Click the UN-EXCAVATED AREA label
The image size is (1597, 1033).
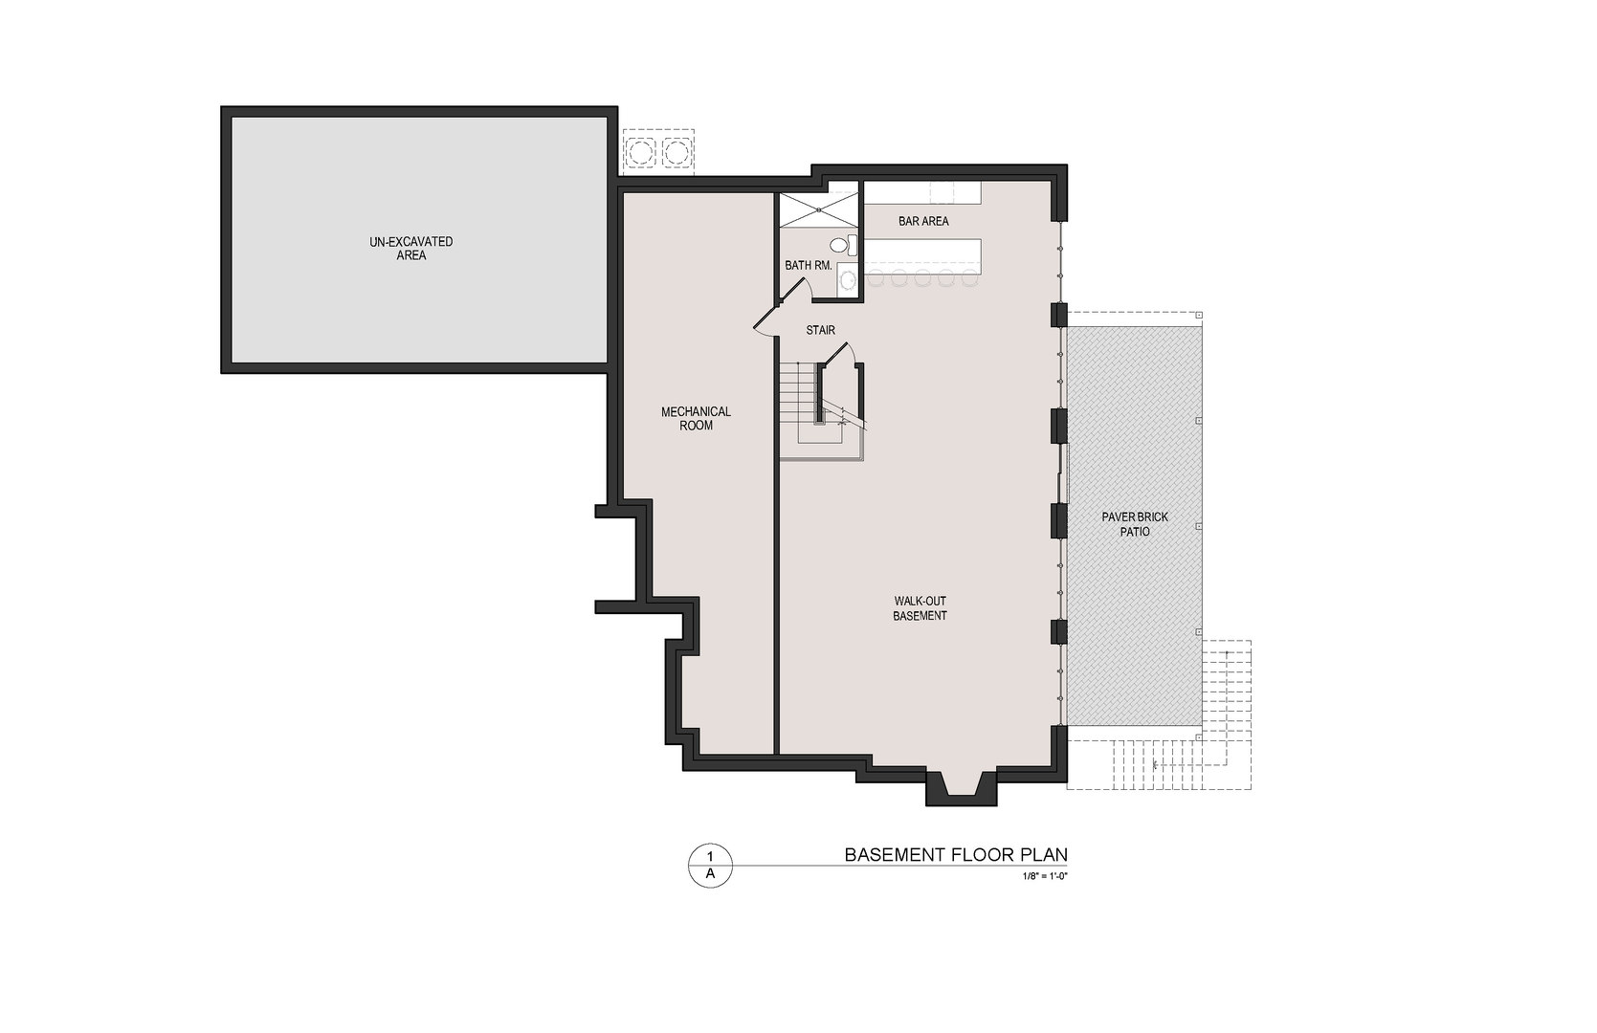point(410,249)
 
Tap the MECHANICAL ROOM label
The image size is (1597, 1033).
point(696,418)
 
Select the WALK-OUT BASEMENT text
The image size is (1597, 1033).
point(920,608)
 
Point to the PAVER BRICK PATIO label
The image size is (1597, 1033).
point(1135,523)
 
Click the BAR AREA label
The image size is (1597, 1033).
point(923,221)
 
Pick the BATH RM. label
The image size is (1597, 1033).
point(808,265)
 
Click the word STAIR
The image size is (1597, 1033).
point(820,330)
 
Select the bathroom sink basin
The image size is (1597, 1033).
point(848,279)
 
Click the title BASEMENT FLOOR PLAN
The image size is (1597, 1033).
point(955,854)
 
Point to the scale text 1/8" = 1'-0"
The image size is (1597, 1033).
point(1044,875)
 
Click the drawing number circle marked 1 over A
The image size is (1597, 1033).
point(710,866)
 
